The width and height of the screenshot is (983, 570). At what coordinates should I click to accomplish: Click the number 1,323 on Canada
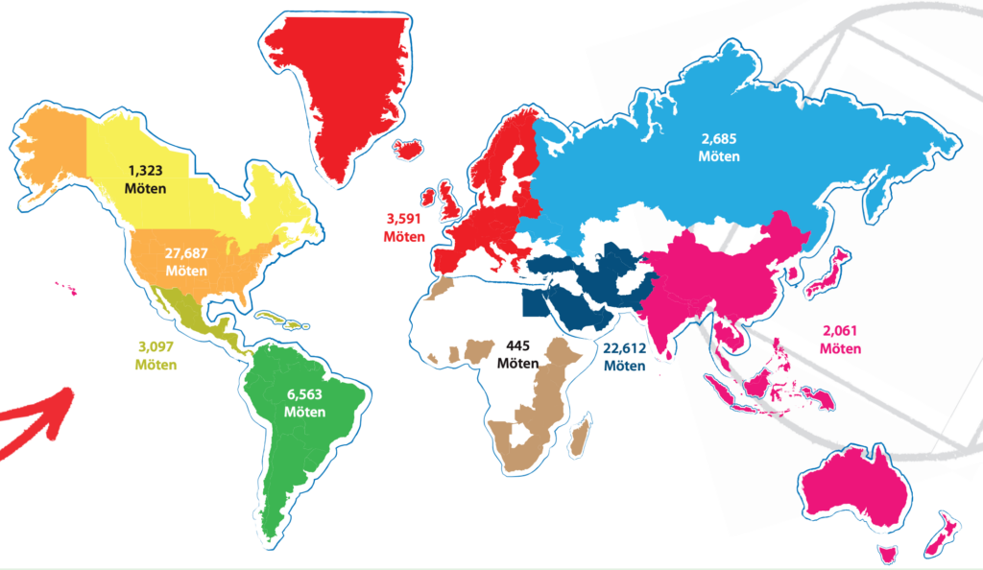[145, 170]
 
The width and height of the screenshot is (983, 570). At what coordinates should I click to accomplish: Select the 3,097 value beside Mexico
[156, 347]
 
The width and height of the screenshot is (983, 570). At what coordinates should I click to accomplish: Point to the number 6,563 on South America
[304, 394]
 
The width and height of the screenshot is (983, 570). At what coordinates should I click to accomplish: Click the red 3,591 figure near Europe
[404, 218]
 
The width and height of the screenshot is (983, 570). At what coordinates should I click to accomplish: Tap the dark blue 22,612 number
[624, 348]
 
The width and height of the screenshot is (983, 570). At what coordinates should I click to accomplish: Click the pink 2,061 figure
[841, 332]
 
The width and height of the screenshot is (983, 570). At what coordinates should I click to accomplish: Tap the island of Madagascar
[579, 441]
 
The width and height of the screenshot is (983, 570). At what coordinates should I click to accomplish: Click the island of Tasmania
[888, 554]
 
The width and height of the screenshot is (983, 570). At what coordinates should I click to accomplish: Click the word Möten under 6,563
[304, 412]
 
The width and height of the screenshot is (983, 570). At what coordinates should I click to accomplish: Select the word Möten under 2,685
[719, 156]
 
